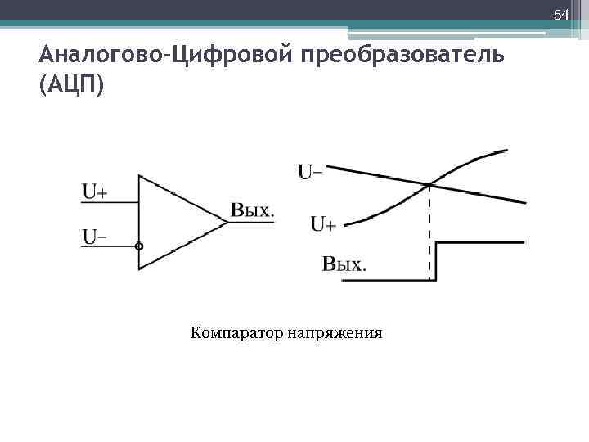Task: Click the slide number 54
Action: (560, 16)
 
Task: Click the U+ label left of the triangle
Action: (95, 192)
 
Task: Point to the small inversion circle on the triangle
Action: (139, 246)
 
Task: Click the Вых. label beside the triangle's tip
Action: (252, 210)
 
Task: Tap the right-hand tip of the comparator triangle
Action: (227, 222)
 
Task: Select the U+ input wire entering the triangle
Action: (110, 202)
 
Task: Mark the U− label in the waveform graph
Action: (308, 172)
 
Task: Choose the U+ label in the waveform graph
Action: (323, 223)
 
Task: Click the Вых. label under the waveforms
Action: (344, 264)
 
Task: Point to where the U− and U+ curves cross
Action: (430, 185)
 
